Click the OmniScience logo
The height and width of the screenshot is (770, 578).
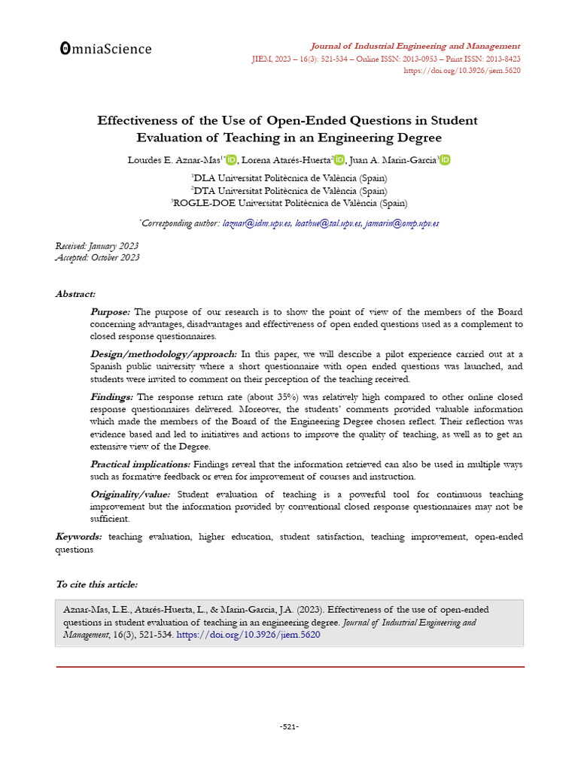pyautogui.click(x=105, y=49)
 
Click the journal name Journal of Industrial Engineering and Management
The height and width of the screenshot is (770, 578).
pyautogui.click(x=415, y=46)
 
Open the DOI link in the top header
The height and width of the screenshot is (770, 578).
pyautogui.click(x=462, y=71)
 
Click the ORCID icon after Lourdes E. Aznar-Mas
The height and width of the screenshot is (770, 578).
pyautogui.click(x=231, y=159)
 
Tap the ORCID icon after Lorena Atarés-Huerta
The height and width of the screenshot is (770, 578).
pyautogui.click(x=339, y=159)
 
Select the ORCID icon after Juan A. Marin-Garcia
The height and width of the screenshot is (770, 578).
pyautogui.click(x=446, y=159)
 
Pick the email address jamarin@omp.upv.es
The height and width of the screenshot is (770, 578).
pyautogui.click(x=402, y=223)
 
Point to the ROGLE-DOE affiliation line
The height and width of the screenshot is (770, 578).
pyautogui.click(x=289, y=202)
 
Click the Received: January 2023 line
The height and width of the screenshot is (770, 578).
pyautogui.click(x=97, y=246)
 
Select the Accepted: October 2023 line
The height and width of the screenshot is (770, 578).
pyautogui.click(x=97, y=257)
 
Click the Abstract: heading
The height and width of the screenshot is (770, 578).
pyautogui.click(x=75, y=294)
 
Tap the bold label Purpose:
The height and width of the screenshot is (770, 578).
pyautogui.click(x=110, y=312)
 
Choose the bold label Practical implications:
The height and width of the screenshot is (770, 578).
pyautogui.click(x=140, y=465)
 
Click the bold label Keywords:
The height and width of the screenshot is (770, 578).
pyautogui.click(x=79, y=536)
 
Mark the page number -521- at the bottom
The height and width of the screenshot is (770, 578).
pyautogui.click(x=289, y=726)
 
